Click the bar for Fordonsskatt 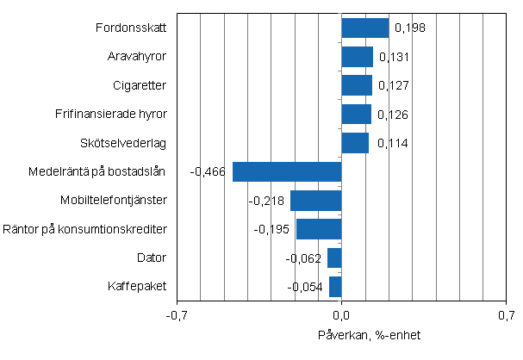coord(364,28)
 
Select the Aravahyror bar coord(357,57)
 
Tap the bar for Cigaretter coord(357,85)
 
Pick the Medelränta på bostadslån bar coord(287,171)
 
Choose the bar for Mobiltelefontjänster coord(315,201)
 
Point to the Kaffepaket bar coord(335,286)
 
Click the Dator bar coord(334,258)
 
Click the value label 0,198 coord(410,28)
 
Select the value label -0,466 coord(209,172)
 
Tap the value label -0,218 coord(266,201)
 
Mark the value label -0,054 coord(305,286)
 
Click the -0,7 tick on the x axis coord(177,315)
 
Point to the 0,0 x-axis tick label coord(342,315)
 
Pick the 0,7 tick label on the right coord(506,315)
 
